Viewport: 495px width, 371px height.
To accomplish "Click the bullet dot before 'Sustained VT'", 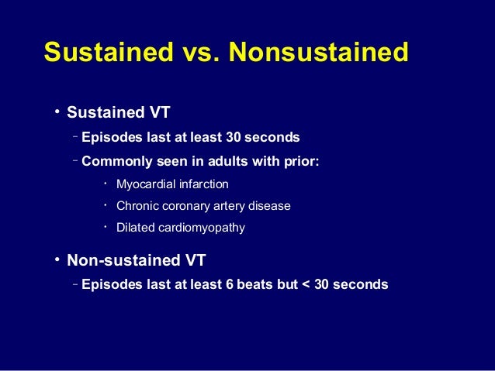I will tap(57, 112).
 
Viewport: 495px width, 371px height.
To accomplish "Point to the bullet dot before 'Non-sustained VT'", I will tap(57, 259).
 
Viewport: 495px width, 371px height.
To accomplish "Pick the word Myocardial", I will tap(144, 184).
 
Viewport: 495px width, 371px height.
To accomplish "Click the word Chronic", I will tap(137, 206).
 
